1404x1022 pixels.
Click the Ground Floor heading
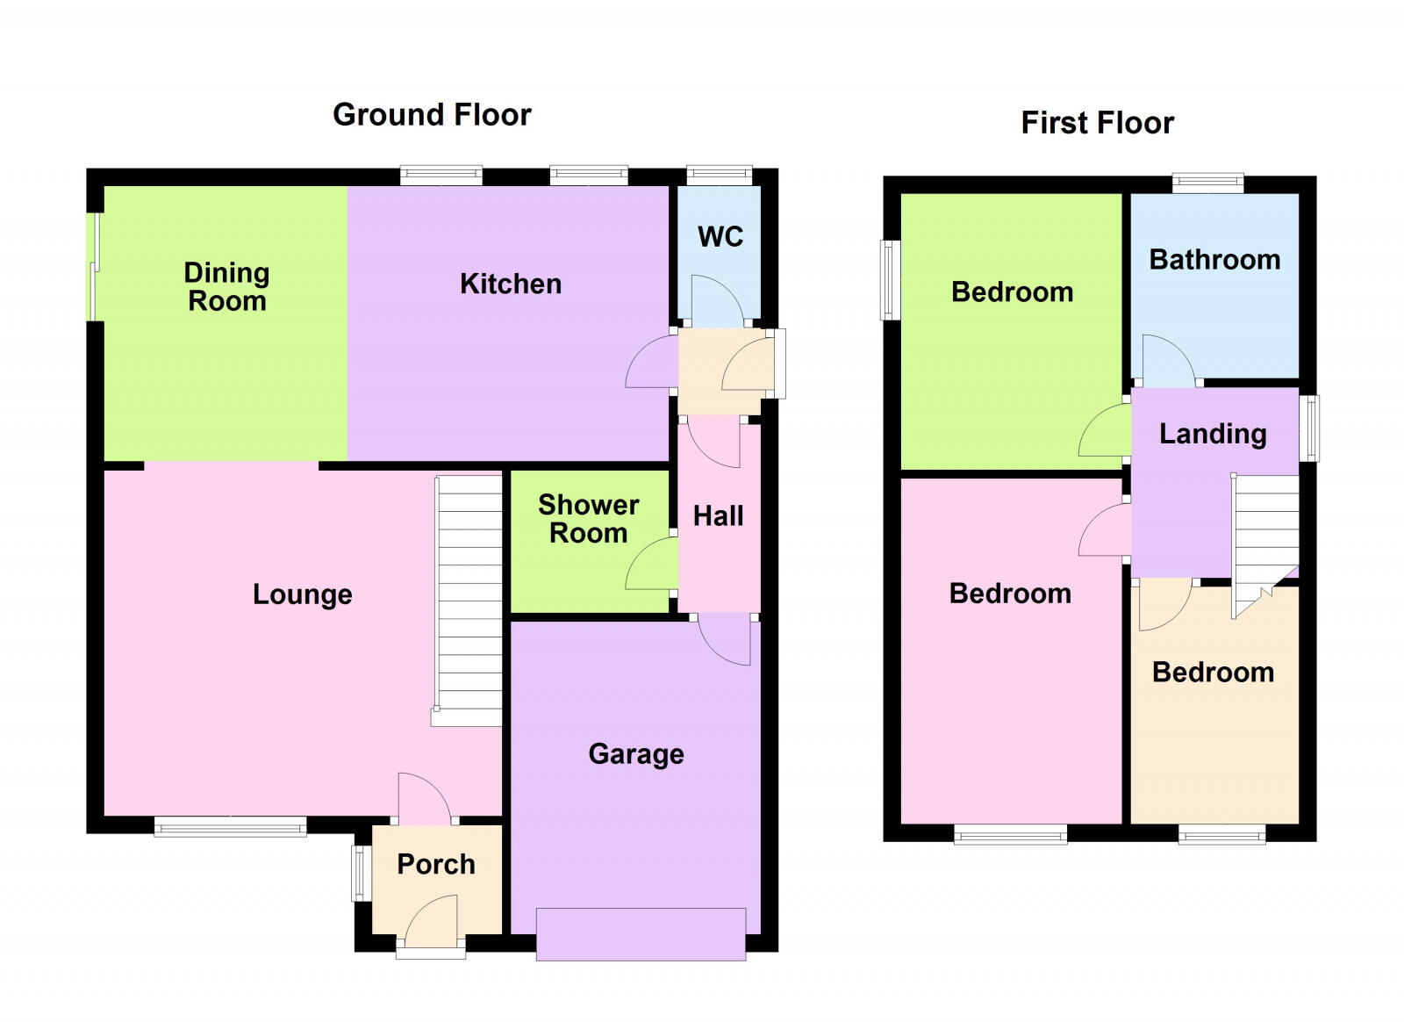point(432,115)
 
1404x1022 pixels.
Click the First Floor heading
point(1097,123)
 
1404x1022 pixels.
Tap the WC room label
point(720,236)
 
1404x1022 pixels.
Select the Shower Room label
point(588,519)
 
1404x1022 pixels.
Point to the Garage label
point(635,754)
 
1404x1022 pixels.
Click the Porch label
point(435,864)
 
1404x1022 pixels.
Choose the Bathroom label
point(1214,260)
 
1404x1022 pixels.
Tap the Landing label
point(1213,434)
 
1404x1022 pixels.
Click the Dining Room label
point(226,287)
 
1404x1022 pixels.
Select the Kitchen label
point(511,284)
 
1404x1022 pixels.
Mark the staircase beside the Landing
point(1265,540)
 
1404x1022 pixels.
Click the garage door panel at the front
point(641,934)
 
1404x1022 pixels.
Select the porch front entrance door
point(432,922)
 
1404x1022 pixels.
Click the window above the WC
point(719,174)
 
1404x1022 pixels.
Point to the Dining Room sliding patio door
point(93,267)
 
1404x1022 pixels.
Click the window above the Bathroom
point(1207,183)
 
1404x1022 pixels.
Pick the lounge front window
point(230,825)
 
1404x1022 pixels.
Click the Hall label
point(718,516)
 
